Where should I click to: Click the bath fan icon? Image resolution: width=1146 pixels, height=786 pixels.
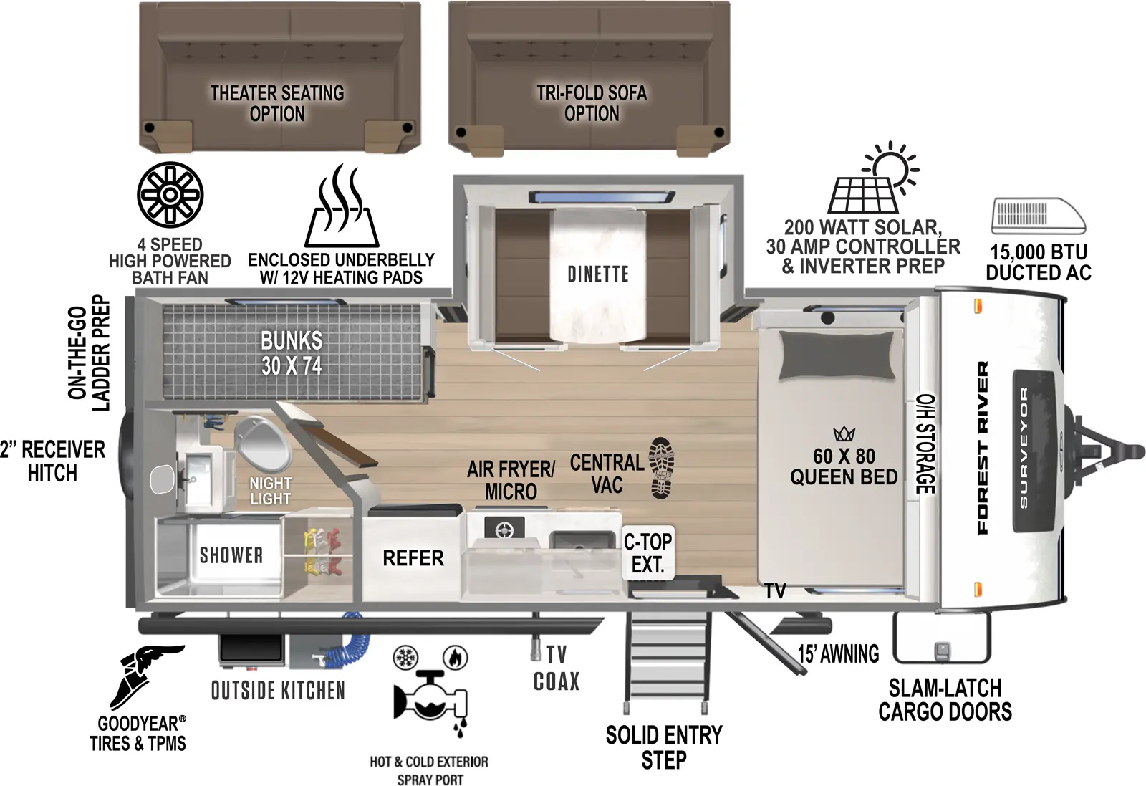(x=170, y=194)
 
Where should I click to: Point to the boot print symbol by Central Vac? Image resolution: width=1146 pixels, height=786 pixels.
(x=661, y=468)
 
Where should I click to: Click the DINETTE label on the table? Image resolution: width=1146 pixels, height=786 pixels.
(x=598, y=274)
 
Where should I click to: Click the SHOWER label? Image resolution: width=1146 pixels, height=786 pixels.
(x=231, y=555)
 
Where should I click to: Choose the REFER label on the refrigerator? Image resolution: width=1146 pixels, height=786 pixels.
(x=413, y=558)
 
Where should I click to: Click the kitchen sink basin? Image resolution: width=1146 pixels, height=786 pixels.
(x=582, y=540)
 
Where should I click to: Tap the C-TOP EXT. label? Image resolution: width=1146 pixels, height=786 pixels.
(x=647, y=553)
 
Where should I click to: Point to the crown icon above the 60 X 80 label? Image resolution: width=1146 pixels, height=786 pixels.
(x=844, y=434)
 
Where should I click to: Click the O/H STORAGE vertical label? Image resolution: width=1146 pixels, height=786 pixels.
(x=926, y=444)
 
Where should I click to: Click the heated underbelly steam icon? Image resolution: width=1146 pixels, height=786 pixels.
(x=342, y=208)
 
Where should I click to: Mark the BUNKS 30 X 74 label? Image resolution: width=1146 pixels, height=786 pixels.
(x=292, y=353)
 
